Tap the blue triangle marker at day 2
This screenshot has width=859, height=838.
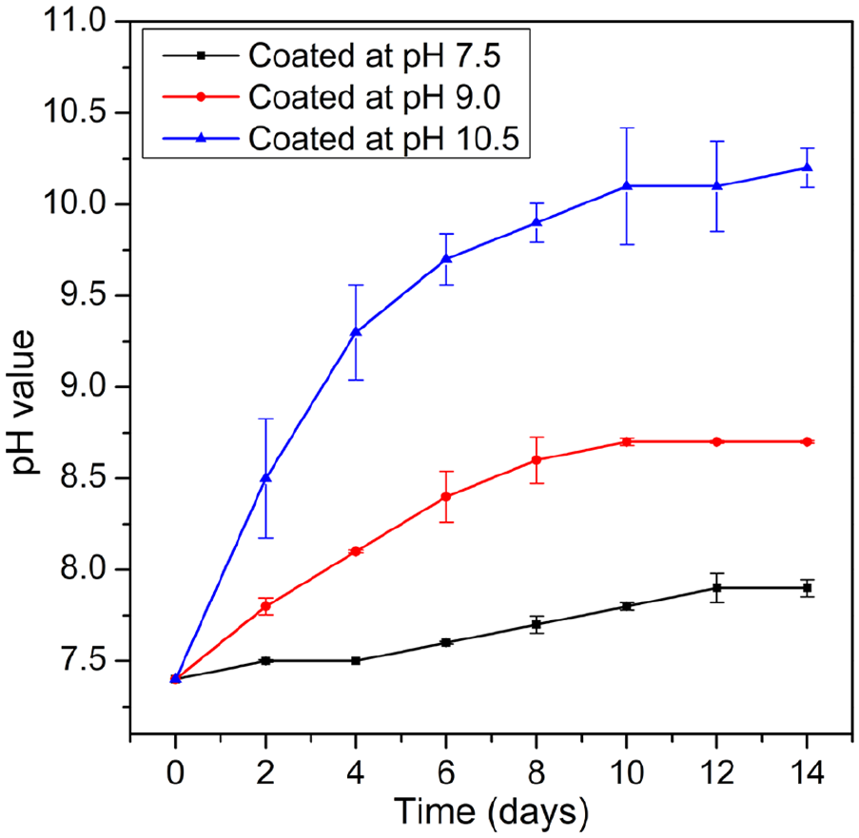tap(265, 477)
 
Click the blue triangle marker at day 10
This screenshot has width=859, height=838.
tap(627, 185)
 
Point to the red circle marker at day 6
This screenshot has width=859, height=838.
tap(446, 497)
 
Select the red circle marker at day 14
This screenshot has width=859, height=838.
tap(808, 441)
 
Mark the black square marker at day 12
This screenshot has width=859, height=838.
tap(717, 588)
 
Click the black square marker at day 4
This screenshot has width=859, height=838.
tap(356, 660)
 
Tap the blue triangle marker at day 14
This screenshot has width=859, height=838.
tap(808, 167)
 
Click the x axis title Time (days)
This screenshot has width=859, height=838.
tap(491, 813)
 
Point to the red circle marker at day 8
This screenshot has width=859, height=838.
tap(537, 459)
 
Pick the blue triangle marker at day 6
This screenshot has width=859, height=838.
tap(446, 259)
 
